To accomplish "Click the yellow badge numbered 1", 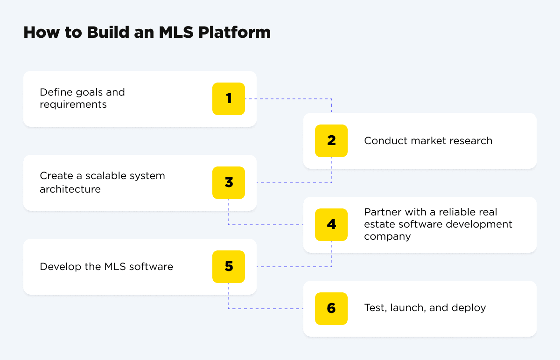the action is (x=229, y=99).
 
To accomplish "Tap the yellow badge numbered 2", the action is (x=331, y=141).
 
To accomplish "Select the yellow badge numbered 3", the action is (x=229, y=183).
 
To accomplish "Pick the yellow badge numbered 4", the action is (x=331, y=225).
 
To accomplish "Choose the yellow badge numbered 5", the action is (x=229, y=267).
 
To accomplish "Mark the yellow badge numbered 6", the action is (x=331, y=309).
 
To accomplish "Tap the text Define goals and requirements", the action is (x=82, y=98).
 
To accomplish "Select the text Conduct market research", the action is (x=428, y=141).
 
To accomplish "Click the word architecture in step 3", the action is (x=70, y=189).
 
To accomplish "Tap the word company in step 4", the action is (x=387, y=236).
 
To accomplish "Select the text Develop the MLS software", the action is (x=106, y=267).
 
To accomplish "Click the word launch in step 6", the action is (x=405, y=308).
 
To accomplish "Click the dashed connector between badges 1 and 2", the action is (x=289, y=99).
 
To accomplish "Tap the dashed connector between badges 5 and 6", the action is (x=266, y=309).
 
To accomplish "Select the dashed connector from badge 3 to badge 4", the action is (x=266, y=225).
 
